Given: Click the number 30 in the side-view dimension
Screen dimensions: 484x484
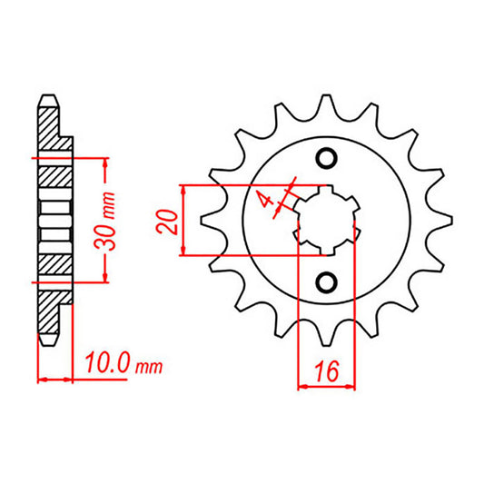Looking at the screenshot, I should click(x=109, y=235).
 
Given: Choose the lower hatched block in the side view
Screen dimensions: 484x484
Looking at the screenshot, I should click(x=52, y=267).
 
